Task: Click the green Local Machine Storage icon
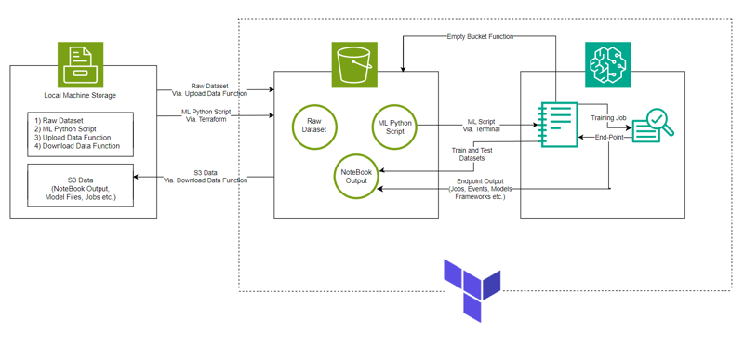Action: [80, 65]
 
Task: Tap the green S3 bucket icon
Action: [354, 65]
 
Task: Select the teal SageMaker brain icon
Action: [608, 65]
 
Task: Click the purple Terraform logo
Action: [472, 290]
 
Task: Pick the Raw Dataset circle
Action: [314, 126]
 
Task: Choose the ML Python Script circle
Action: [394, 127]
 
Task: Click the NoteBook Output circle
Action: [356, 177]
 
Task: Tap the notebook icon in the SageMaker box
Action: [559, 125]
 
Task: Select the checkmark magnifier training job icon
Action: [653, 126]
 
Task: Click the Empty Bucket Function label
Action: [480, 37]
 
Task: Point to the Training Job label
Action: [609, 118]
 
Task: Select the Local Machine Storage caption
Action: [80, 95]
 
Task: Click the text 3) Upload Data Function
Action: [76, 138]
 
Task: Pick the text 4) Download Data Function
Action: [79, 146]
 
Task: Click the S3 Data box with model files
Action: [80, 185]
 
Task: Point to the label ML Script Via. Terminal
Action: [481, 127]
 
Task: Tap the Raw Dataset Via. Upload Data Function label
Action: [209, 89]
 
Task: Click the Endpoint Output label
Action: [480, 189]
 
